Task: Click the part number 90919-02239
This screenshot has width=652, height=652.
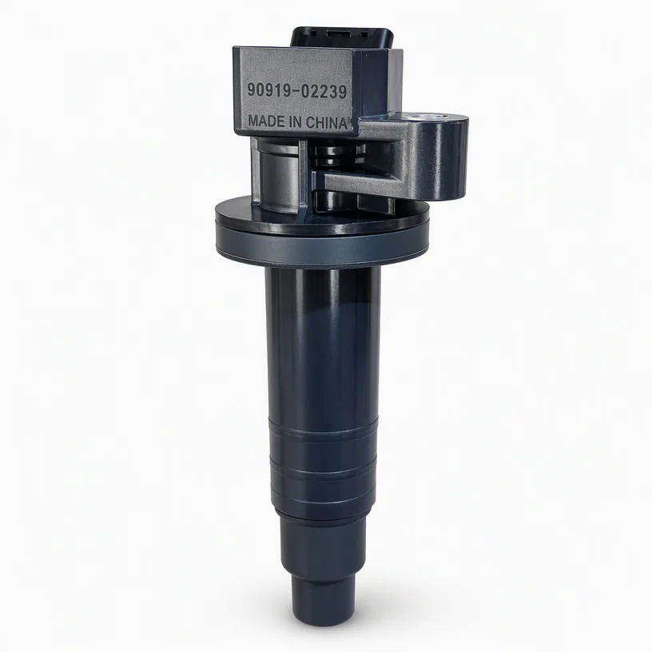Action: point(297,91)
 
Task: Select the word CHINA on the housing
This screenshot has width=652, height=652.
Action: point(326,123)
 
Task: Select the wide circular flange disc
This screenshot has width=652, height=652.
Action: point(320,233)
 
